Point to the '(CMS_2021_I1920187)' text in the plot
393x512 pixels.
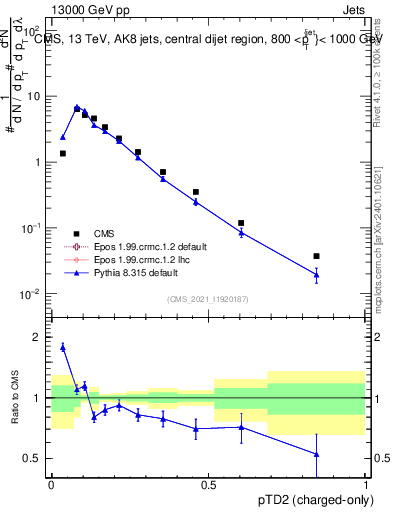[x=207, y=298]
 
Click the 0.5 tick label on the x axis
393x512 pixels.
[x=208, y=485]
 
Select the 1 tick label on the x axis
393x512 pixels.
[x=365, y=485]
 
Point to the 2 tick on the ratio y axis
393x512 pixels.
[x=38, y=338]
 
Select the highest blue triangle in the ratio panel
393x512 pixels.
[x=63, y=347]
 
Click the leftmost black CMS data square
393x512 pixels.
[x=63, y=153]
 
